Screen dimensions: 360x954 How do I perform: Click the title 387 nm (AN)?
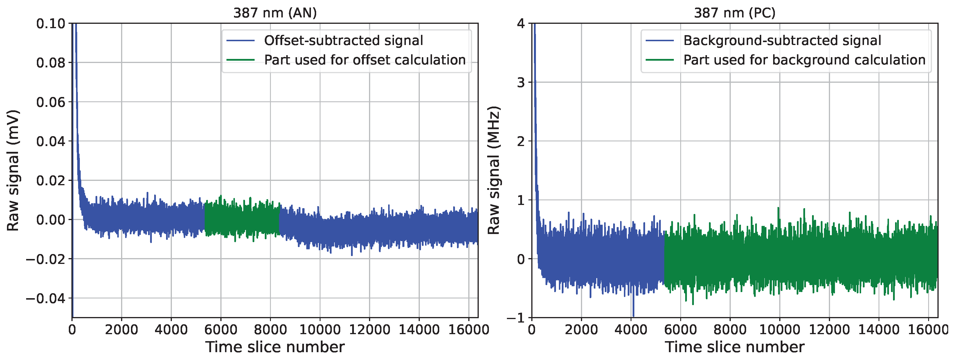(275, 13)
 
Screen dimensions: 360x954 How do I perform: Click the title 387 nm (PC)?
(735, 13)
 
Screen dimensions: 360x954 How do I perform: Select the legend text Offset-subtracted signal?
(343, 40)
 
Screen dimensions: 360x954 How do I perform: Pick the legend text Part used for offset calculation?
(364, 60)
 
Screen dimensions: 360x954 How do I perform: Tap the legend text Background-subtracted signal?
(782, 40)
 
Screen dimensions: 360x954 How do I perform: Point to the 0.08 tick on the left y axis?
(51, 63)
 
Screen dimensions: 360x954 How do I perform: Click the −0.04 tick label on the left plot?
(45, 298)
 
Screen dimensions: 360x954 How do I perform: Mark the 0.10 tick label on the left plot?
(51, 24)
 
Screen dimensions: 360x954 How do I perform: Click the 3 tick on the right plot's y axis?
(521, 82)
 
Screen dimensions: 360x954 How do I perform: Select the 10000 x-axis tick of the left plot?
(320, 329)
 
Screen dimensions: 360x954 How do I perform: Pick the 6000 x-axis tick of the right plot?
(680, 329)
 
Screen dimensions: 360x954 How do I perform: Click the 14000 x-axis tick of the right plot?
(879, 329)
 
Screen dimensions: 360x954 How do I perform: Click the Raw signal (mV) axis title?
(13, 170)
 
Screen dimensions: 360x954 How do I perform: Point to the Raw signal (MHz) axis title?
(493, 170)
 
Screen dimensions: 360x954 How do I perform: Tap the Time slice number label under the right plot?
(735, 347)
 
